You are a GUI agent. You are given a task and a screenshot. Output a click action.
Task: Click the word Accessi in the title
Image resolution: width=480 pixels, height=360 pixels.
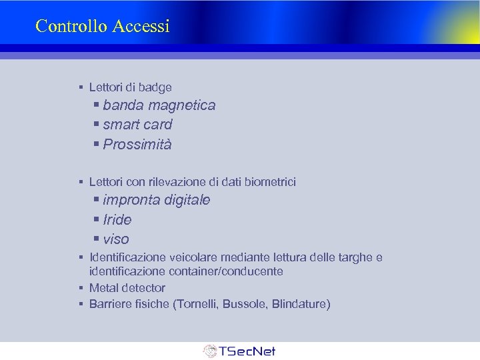tap(141, 26)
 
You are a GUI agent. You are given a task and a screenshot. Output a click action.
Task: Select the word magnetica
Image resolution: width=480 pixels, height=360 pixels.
tap(182, 105)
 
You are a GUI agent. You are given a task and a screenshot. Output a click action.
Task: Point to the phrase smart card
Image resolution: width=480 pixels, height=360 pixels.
tap(137, 125)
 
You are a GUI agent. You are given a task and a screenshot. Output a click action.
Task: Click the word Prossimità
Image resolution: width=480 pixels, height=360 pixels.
tap(137, 145)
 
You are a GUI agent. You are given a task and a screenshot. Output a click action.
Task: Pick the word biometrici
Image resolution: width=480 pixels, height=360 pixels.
tap(271, 181)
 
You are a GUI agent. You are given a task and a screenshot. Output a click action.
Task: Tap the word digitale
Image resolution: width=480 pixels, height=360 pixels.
tap(187, 200)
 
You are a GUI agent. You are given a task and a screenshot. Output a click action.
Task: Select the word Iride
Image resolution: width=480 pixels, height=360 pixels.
tap(117, 219)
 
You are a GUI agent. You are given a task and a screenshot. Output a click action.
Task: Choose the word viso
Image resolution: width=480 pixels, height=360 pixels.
tap(116, 239)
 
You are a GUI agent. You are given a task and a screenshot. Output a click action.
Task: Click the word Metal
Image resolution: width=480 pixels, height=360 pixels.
tap(104, 288)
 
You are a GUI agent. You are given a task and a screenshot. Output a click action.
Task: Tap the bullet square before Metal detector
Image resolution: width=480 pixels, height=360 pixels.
tap(80, 288)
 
